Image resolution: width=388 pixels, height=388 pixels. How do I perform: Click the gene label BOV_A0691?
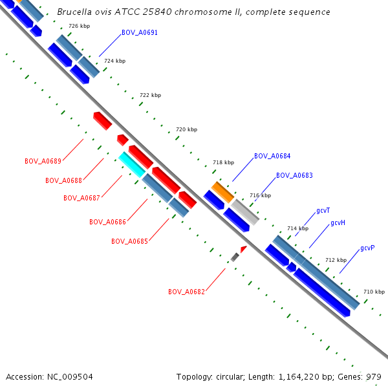[x=139, y=32]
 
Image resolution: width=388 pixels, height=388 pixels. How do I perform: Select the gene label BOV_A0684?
[x=272, y=156]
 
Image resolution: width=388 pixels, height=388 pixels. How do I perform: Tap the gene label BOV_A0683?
[x=294, y=176]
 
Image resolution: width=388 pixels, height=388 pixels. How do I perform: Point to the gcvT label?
[x=323, y=211]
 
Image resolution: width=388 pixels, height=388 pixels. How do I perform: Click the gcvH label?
[x=338, y=223]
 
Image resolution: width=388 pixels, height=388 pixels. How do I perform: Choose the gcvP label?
[x=368, y=248]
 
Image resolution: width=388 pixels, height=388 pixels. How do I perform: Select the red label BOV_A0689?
[x=43, y=161]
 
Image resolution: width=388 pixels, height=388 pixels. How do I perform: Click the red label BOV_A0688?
[x=63, y=180]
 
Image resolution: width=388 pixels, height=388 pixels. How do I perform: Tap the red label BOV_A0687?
[x=81, y=198]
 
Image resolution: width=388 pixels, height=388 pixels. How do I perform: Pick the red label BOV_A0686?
[x=107, y=222]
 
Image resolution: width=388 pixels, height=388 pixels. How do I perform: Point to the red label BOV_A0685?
[x=129, y=241]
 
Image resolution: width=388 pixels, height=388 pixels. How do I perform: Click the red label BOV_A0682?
[x=186, y=292]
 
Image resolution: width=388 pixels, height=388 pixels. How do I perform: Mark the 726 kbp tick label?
[x=79, y=26]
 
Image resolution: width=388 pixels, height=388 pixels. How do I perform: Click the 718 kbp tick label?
[x=223, y=162]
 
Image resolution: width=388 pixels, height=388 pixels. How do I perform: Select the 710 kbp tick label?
[x=374, y=292]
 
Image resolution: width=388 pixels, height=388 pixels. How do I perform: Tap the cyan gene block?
[x=131, y=165]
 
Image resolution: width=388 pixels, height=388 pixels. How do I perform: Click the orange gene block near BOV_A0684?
[x=222, y=191]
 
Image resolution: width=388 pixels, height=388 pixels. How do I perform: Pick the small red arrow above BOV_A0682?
[x=243, y=249]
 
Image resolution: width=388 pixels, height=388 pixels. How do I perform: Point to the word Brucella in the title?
[x=76, y=12]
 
